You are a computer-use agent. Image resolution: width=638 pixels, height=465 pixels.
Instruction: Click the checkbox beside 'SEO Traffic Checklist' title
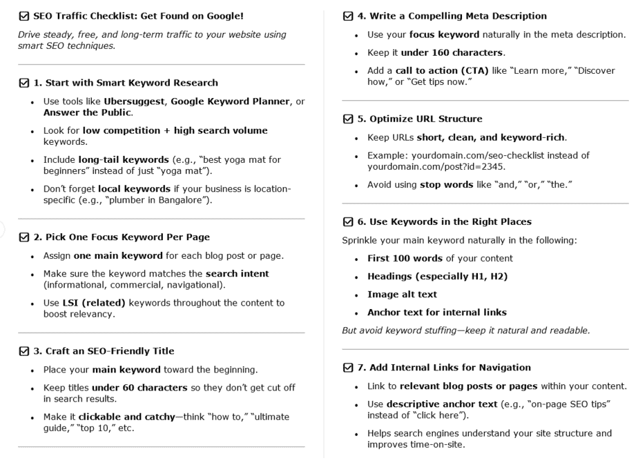(24, 16)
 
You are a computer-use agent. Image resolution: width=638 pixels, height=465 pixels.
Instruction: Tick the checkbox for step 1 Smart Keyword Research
(24, 83)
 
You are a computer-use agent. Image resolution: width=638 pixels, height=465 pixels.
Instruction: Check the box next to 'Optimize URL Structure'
(348, 119)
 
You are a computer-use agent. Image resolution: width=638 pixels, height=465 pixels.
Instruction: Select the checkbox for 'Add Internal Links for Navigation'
(348, 368)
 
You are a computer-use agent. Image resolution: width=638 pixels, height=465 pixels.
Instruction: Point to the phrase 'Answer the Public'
(87, 112)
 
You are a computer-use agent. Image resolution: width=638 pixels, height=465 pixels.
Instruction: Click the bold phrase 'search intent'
(237, 274)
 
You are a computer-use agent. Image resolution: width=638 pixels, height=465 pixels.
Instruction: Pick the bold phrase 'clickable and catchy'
(127, 417)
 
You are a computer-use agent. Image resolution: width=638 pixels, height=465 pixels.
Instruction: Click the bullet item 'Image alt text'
(402, 294)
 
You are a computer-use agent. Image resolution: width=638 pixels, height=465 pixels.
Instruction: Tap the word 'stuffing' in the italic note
(427, 330)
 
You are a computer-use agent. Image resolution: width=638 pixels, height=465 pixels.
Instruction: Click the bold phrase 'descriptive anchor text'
(442, 404)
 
